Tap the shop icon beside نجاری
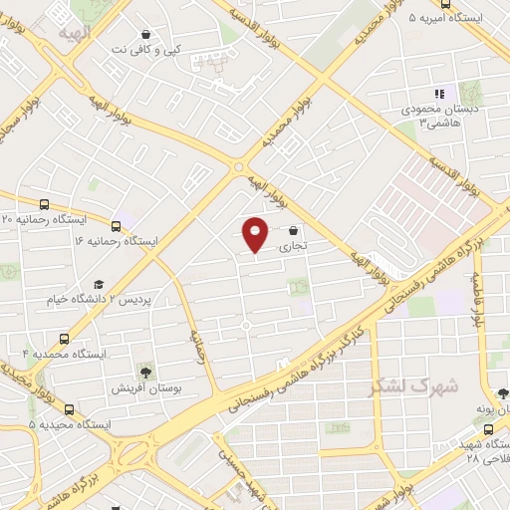click(293, 229)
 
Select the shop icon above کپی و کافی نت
click(146, 33)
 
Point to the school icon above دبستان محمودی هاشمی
click(438, 94)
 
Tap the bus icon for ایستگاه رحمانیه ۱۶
click(117, 226)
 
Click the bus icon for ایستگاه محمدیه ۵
click(69, 409)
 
